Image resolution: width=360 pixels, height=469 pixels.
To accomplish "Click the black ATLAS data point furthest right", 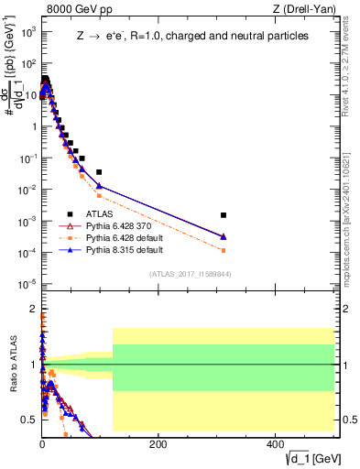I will point(224,215).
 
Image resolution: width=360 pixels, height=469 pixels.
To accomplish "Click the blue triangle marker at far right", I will point(224,236).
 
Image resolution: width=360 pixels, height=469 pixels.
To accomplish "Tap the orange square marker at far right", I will point(224,250).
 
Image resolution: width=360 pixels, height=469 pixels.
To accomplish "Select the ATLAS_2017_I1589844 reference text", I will point(190,274).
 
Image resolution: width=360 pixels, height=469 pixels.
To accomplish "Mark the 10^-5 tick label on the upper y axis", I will point(27,283).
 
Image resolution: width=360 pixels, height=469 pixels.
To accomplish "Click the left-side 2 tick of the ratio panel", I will point(32,309).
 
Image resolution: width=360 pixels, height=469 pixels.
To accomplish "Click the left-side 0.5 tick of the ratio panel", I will point(29,420).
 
